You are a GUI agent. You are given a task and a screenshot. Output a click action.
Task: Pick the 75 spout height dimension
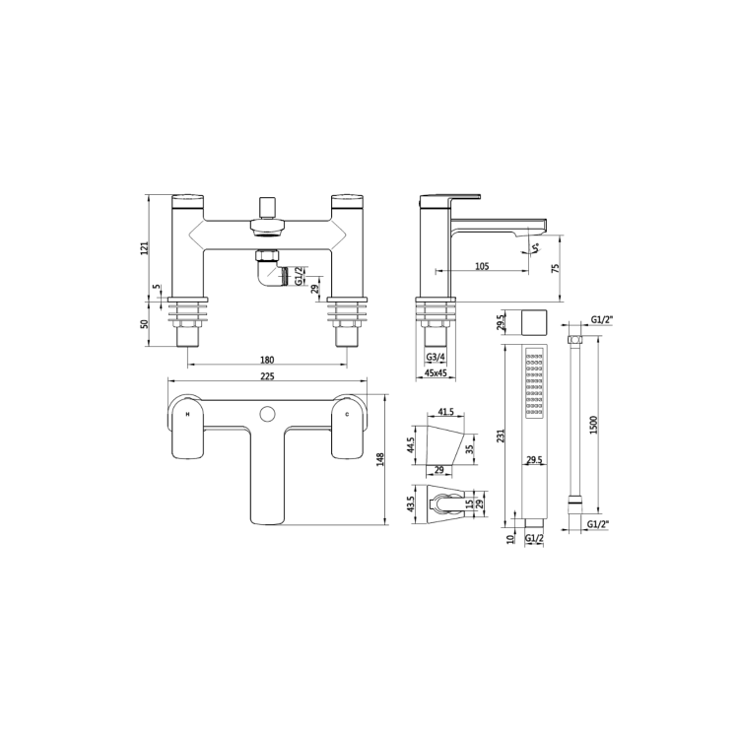559,267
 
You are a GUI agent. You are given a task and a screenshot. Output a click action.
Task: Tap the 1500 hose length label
592,423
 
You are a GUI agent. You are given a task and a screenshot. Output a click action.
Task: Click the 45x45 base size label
437,373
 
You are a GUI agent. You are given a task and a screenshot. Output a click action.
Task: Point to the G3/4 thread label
437,358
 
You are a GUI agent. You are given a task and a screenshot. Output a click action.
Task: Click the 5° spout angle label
535,247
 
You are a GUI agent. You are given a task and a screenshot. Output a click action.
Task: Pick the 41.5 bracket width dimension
445,411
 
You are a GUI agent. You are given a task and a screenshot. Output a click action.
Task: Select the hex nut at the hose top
575,341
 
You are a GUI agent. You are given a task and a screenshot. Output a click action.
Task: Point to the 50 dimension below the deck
144,322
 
